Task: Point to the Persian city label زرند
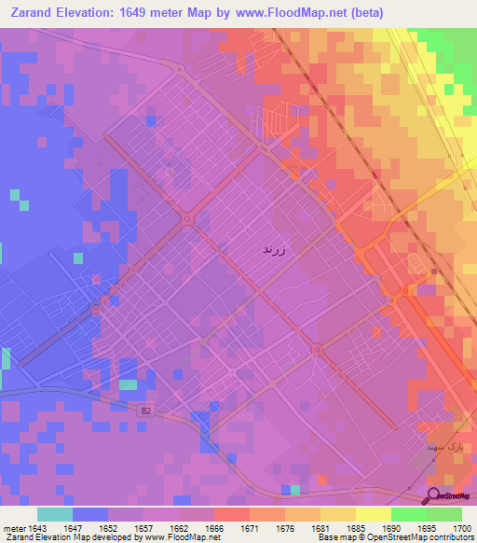pyautogui.click(x=278, y=250)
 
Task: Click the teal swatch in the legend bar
pyautogui.click(x=55, y=514)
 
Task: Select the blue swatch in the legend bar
pyautogui.click(x=90, y=514)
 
